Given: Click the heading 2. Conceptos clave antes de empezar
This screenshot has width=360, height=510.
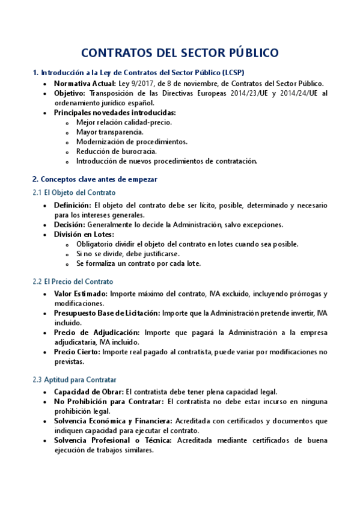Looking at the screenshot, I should point(94,179).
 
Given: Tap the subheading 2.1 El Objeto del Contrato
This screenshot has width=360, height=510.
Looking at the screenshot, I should point(74,192).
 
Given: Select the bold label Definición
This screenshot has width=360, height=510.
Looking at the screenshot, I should point(72,206).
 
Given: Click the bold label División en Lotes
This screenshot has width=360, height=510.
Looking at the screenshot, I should point(84,235).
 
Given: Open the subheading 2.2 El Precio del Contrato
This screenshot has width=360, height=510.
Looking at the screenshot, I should point(73,281).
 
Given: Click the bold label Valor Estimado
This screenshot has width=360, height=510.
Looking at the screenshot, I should point(80,294).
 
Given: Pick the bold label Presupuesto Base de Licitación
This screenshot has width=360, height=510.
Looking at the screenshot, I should point(106,313).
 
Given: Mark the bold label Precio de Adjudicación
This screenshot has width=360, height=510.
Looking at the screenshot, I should point(96,333).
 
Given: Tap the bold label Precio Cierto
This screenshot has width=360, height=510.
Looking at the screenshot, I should point(76,352).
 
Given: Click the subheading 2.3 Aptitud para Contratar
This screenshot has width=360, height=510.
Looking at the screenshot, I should point(74,379).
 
